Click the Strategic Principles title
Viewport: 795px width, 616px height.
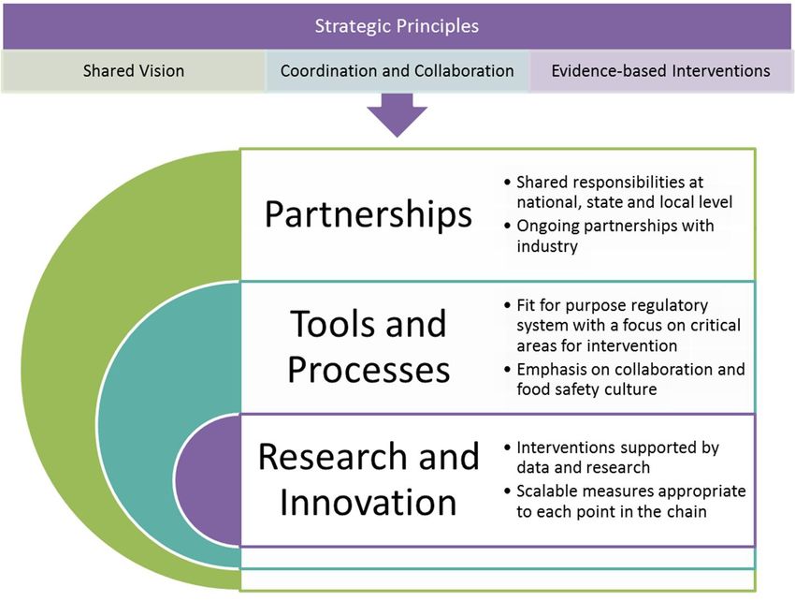pos(397,26)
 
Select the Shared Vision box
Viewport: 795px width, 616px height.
pos(134,70)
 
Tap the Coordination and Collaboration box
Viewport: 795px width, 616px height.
pos(397,70)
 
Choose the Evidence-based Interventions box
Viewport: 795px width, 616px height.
pos(660,70)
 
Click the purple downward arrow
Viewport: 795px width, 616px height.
pos(397,115)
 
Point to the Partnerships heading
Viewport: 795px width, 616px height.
pos(369,214)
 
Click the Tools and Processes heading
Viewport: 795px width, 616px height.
pos(369,346)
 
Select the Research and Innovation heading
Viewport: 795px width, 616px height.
pos(369,478)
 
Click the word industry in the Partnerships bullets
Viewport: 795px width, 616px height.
pos(547,246)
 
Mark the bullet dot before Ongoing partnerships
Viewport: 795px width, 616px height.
pos(508,226)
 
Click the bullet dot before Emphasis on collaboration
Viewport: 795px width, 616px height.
pos(508,369)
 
